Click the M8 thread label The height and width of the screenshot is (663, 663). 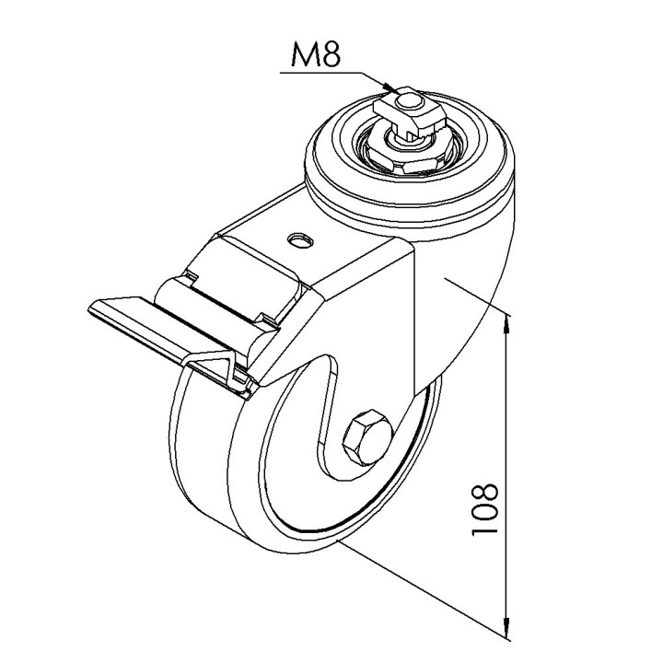click(316, 54)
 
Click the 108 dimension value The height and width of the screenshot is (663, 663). click(485, 509)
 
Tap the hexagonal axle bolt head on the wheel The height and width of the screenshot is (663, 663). click(367, 438)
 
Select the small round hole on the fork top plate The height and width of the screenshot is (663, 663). click(300, 241)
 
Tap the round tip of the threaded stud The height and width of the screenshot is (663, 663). click(408, 101)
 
